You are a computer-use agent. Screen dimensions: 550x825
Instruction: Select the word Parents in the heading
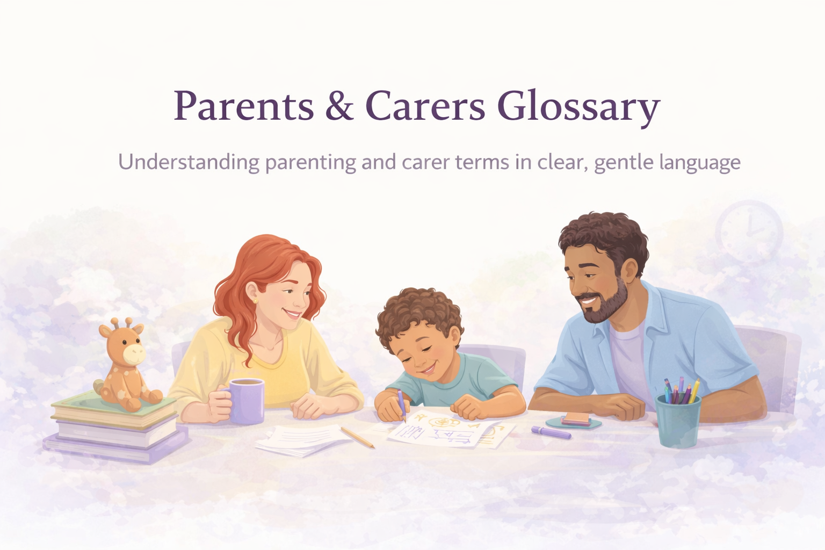pyautogui.click(x=243, y=106)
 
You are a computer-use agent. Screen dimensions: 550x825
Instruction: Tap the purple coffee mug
pyautogui.click(x=246, y=400)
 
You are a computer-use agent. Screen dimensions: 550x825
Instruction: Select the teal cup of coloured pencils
pyautogui.click(x=678, y=419)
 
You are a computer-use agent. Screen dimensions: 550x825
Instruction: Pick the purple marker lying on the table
pyautogui.click(x=551, y=432)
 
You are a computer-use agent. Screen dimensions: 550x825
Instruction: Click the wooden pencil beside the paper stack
pyautogui.click(x=357, y=437)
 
